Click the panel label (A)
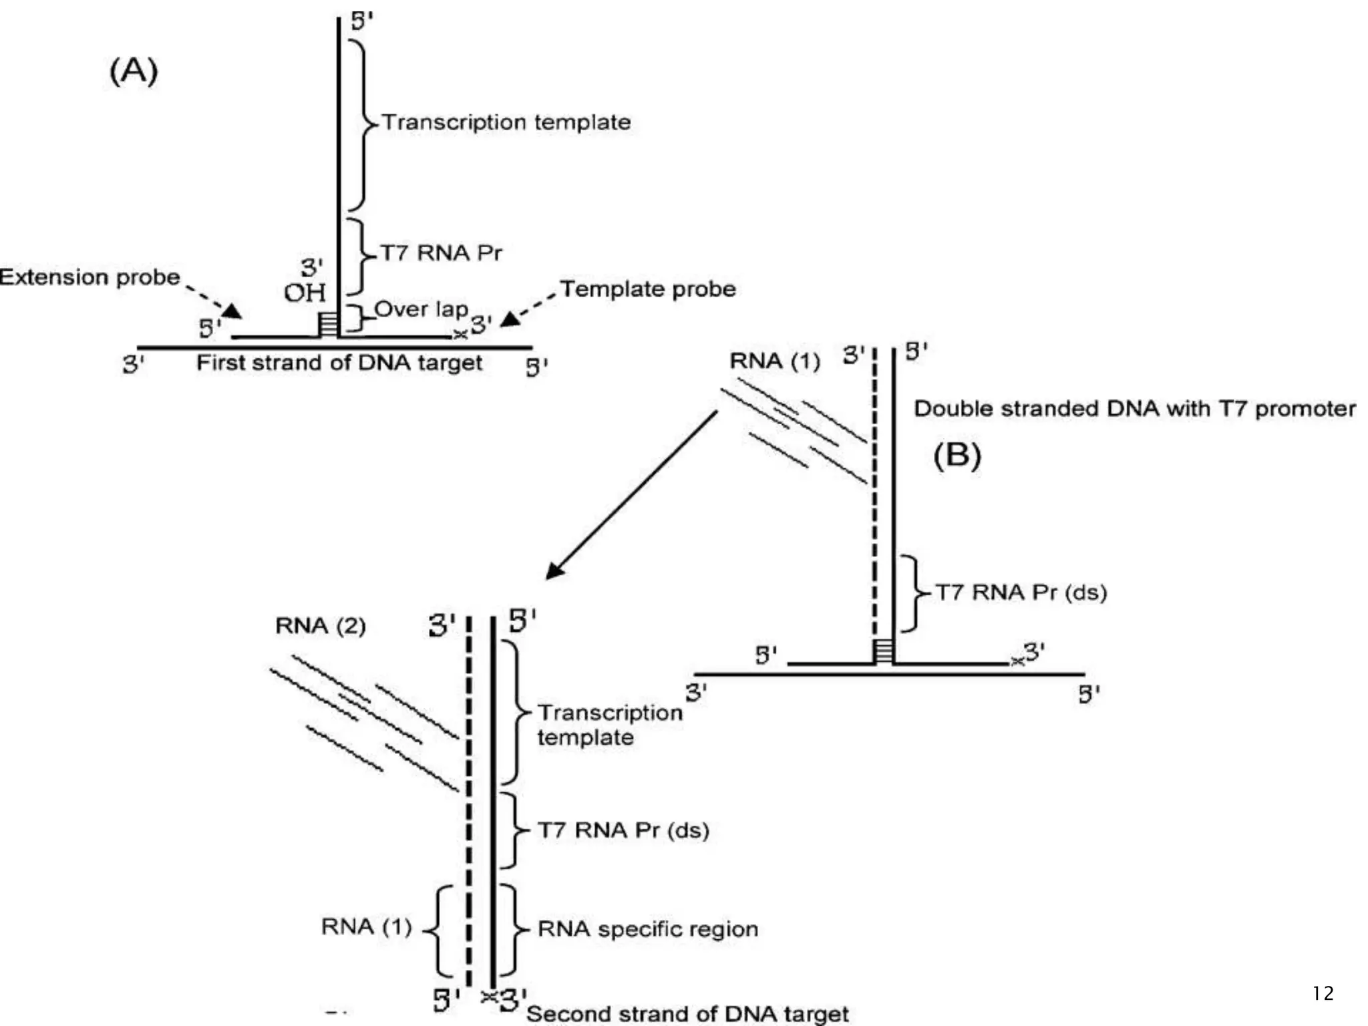point(134,71)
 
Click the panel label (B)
point(957,456)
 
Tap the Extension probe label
point(90,277)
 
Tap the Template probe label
point(647,289)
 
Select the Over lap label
point(421,309)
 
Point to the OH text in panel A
point(305,293)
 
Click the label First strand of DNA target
point(339,363)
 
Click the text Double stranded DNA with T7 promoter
point(1134,409)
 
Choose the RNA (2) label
point(321,626)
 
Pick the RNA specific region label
point(647,929)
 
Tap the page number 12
point(1323,994)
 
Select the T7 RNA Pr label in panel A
point(440,253)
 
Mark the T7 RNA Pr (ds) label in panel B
point(1020,592)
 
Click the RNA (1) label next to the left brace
point(366,927)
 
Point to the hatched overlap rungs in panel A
point(327,324)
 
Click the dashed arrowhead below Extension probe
point(232,311)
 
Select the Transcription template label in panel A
point(506,122)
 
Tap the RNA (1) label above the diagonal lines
point(774,361)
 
